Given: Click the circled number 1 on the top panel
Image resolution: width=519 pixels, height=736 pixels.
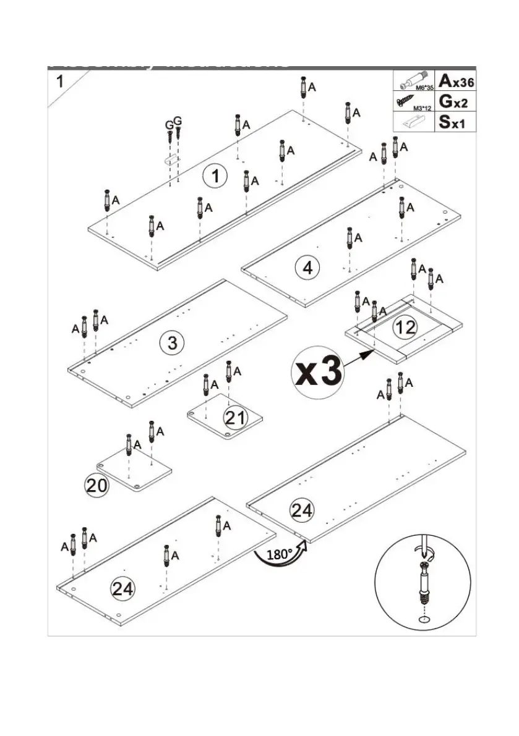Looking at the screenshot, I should pos(215,177).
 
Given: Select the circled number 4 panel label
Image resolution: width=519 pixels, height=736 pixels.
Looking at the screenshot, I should pos(307,268).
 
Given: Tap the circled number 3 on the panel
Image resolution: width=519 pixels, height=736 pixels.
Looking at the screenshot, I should pos(173,342).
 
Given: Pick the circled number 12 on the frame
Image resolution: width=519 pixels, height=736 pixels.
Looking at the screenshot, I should pos(405,327).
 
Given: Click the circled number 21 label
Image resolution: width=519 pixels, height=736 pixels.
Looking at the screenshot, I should pos(236,418).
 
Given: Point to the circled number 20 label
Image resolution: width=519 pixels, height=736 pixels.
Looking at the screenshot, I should pos(97,486).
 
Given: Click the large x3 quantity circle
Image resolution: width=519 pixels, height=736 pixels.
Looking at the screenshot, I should pos(319,371).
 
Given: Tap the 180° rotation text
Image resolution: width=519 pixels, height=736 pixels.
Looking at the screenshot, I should pos(279,554).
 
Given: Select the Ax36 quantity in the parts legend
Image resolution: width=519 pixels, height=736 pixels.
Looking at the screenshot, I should pos(457,80).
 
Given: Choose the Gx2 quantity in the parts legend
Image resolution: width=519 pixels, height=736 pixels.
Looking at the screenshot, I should pos(457,101).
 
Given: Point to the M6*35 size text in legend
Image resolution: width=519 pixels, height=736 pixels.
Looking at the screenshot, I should pos(423,88).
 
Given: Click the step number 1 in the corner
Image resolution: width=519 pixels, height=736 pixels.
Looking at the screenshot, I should pos(59,81).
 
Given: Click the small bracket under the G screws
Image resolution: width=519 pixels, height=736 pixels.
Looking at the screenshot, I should pos(169,159).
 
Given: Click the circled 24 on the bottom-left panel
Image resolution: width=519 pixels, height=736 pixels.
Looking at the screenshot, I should pos(123,589).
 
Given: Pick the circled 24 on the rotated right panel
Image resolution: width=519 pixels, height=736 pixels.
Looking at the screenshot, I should pos(302,510).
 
